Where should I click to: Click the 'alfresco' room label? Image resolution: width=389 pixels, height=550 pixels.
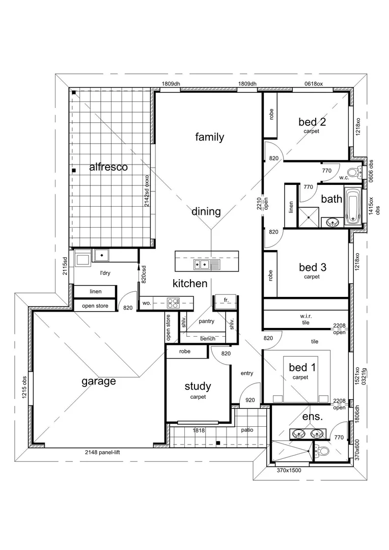[108, 167]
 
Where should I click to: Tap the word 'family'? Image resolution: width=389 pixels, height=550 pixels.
[209, 137]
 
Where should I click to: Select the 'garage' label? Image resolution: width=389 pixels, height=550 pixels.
[99, 381]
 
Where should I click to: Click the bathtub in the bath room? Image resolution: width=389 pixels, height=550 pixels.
[352, 206]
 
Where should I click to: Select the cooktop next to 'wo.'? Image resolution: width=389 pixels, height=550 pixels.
[173, 303]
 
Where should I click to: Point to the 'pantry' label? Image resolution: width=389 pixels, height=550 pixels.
[206, 321]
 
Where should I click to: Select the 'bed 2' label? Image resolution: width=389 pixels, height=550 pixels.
[312, 122]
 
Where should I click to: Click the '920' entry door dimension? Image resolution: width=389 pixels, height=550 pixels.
[249, 400]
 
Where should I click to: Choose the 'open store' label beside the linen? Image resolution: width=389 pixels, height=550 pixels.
[95, 306]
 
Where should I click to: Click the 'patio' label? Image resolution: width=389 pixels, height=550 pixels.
[247, 430]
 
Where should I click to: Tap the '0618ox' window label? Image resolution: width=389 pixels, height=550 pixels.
[314, 84]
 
